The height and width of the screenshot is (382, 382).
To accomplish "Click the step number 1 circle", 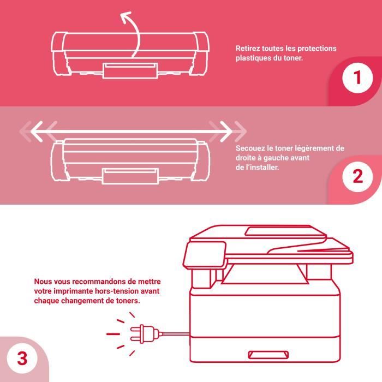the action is click(357, 77).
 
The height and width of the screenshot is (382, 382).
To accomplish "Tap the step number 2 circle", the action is click(357, 176).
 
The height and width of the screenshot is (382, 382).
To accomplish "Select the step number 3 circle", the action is click(22, 359).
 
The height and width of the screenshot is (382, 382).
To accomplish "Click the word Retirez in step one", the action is click(248, 49).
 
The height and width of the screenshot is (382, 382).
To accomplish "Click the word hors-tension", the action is click(118, 291).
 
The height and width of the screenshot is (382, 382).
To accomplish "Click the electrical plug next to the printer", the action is click(144, 334).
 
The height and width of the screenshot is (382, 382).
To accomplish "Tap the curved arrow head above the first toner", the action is click(126, 17).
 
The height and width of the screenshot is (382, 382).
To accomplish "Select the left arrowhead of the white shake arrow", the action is click(37, 132).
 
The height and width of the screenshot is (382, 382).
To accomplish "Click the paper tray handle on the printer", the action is click(268, 355).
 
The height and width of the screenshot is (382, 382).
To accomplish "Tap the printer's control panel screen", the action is click(205, 254).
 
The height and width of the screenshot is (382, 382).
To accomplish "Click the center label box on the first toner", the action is click(130, 70).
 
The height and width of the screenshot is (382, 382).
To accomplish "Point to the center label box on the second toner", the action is click(130, 176).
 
